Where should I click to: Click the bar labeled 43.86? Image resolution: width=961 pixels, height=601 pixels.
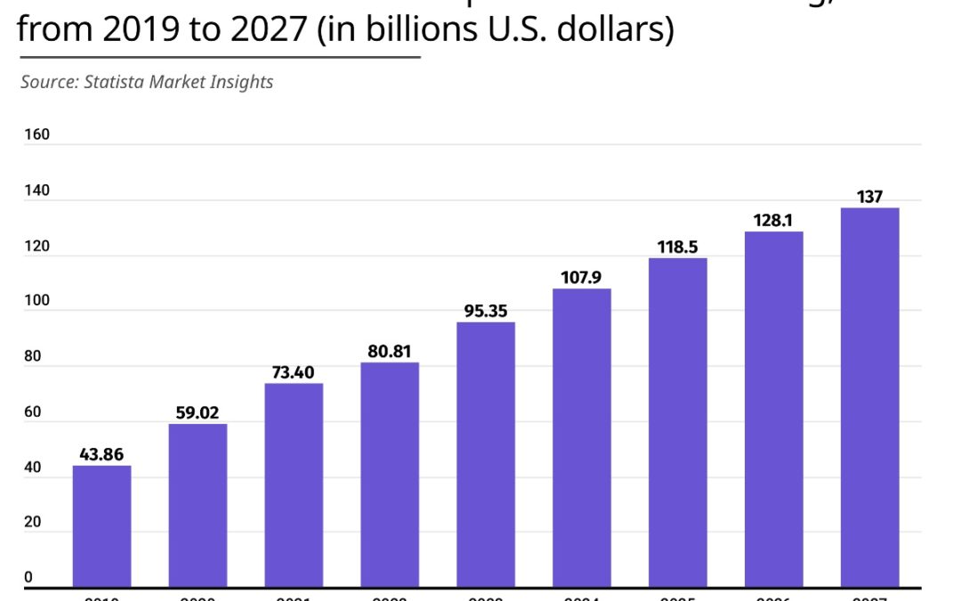(x=101, y=526)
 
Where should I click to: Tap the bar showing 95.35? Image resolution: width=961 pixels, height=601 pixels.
(x=486, y=454)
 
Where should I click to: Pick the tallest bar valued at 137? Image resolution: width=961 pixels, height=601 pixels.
(x=869, y=397)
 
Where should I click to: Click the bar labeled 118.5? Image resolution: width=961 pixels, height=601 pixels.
(x=678, y=422)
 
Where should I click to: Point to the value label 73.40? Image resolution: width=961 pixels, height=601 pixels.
(x=294, y=372)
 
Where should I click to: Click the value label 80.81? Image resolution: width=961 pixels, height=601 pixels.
(x=390, y=351)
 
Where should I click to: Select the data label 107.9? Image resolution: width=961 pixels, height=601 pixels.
(x=582, y=277)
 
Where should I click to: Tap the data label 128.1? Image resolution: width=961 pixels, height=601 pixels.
(x=773, y=220)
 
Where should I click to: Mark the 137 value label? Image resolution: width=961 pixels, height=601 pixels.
(x=869, y=197)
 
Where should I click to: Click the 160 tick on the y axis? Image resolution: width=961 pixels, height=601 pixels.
(x=36, y=135)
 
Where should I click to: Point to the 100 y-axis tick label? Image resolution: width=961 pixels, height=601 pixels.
(x=36, y=302)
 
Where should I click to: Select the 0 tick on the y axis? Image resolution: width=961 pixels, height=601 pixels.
(x=28, y=578)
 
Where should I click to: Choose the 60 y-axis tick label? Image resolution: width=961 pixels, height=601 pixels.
(x=34, y=412)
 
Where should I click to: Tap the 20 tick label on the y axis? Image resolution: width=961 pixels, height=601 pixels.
(x=34, y=523)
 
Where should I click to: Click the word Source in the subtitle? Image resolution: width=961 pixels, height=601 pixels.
(x=49, y=82)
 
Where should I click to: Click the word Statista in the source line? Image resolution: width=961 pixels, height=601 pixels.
(x=116, y=82)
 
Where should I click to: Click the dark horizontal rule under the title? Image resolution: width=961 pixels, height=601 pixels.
(x=218, y=58)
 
